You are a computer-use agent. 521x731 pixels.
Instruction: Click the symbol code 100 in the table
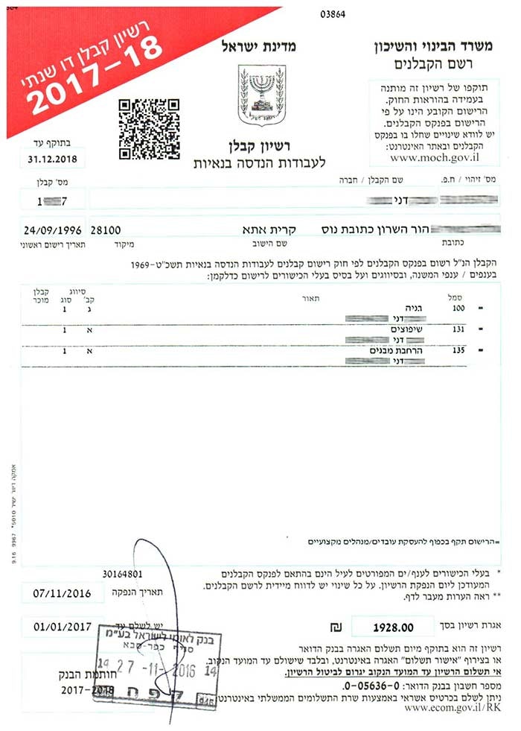point(459,307)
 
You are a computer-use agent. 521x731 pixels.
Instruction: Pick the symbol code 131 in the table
point(459,329)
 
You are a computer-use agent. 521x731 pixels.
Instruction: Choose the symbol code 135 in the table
point(459,349)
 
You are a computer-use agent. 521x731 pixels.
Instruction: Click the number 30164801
point(123,574)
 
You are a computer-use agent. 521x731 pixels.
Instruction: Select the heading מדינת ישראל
point(258,47)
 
